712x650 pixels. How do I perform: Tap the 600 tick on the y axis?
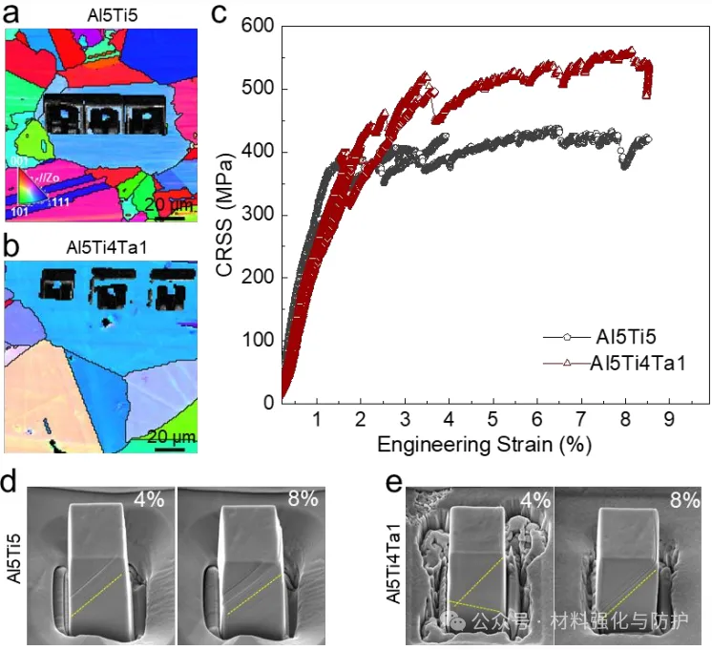click(262, 28)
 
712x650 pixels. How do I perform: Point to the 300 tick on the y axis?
click(262, 216)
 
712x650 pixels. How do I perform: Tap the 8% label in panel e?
click(683, 498)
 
